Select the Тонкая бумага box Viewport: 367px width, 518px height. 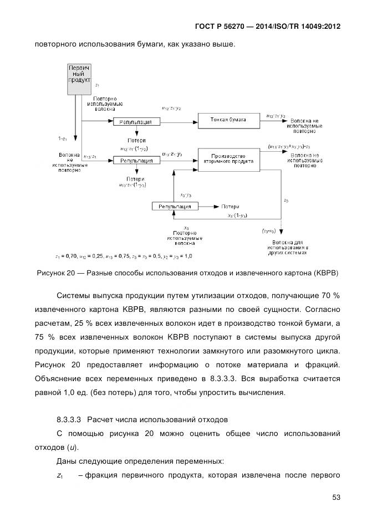[228, 120]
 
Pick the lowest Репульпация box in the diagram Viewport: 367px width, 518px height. [175, 206]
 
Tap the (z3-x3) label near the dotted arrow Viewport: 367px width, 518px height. [269, 230]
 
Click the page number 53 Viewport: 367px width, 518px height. [336, 497]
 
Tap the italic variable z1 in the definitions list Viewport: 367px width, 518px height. [60, 475]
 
